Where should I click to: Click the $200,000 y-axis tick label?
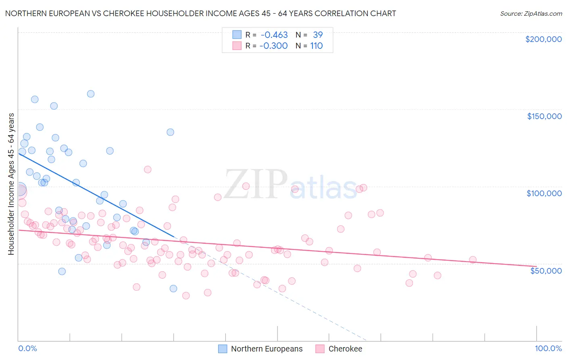(543, 39)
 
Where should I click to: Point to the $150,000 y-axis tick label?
(544, 116)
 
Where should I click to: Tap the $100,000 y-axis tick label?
(544, 193)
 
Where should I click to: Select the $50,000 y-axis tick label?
(546, 270)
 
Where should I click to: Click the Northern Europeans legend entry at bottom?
(267, 349)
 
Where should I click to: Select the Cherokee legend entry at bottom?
(345, 349)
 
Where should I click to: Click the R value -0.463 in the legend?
(274, 35)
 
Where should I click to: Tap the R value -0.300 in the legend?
(273, 46)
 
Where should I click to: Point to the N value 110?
(316, 46)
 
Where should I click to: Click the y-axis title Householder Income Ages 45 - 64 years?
(11, 184)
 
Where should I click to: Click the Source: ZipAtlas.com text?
(531, 14)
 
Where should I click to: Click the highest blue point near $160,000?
(91, 94)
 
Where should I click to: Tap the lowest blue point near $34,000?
(173, 289)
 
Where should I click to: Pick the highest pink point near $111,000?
(148, 170)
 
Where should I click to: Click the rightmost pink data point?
(473, 260)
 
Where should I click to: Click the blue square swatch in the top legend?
(237, 35)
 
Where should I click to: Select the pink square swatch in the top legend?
(237, 46)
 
